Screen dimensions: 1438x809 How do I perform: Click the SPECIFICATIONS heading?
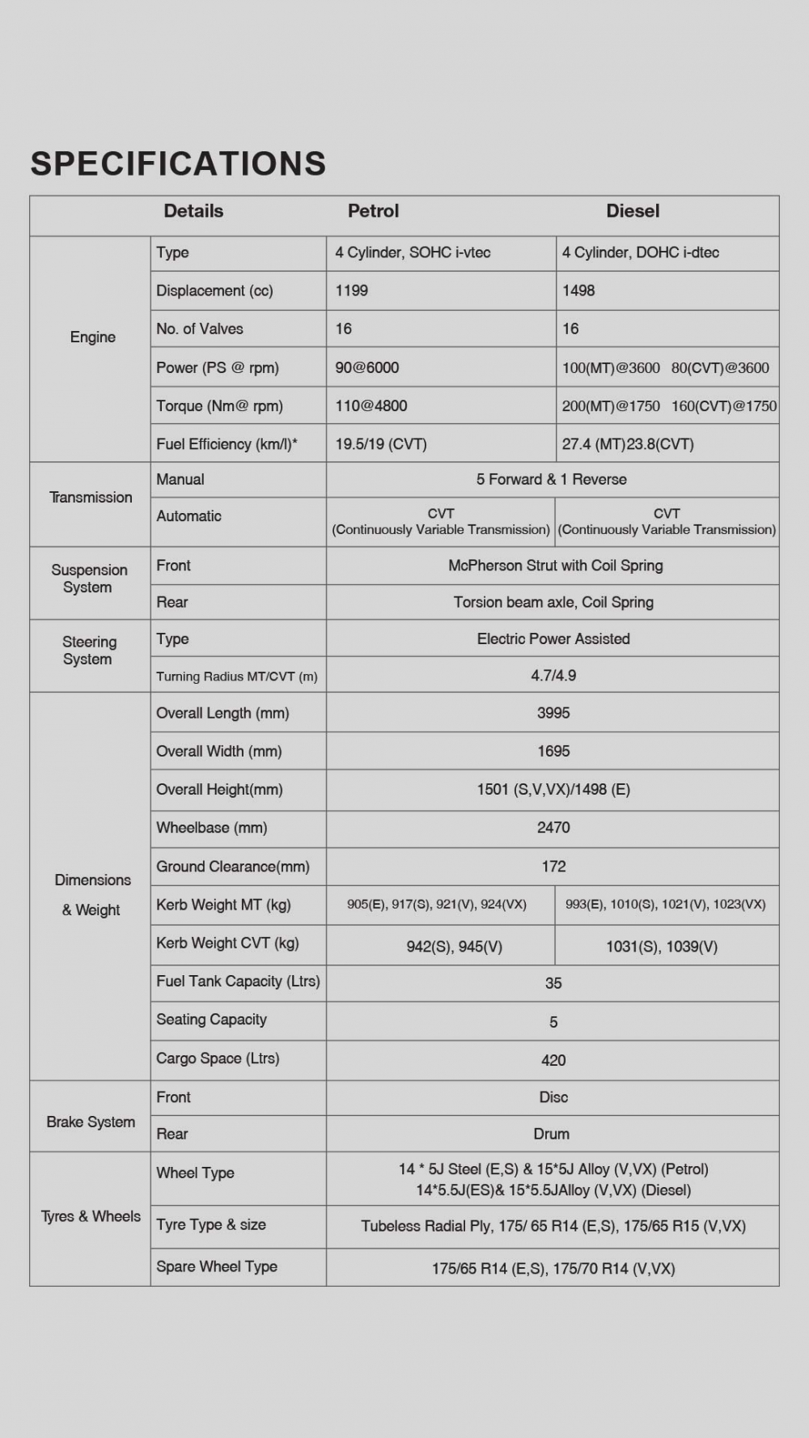pyautogui.click(x=178, y=163)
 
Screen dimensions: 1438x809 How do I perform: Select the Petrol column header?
pyautogui.click(x=373, y=211)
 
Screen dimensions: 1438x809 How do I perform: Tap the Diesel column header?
pyautogui.click(x=633, y=211)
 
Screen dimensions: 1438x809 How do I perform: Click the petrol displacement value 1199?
pyautogui.click(x=352, y=291)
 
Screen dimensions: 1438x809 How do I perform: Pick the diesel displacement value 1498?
pyautogui.click(x=578, y=291)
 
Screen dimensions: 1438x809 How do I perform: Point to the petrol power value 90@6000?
pyautogui.click(x=367, y=367)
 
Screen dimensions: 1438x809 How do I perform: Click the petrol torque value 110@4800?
pyautogui.click(x=371, y=406)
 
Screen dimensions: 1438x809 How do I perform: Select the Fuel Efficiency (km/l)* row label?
pyautogui.click(x=227, y=444)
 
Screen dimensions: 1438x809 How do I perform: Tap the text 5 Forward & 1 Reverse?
pyautogui.click(x=552, y=479)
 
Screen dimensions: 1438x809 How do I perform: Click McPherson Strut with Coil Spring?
pyautogui.click(x=556, y=566)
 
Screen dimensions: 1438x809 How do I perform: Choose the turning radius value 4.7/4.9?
pyautogui.click(x=553, y=675)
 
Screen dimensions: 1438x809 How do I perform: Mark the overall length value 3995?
pyautogui.click(x=553, y=713)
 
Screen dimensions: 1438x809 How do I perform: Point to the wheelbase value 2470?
pyautogui.click(x=553, y=828)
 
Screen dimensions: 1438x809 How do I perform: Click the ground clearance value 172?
pyautogui.click(x=553, y=867)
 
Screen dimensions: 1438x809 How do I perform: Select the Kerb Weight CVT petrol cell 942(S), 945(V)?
pyautogui.click(x=454, y=947)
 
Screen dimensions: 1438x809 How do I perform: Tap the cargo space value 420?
pyautogui.click(x=553, y=1060)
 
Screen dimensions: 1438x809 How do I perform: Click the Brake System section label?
pyautogui.click(x=91, y=1122)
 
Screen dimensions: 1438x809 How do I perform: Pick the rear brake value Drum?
pyautogui.click(x=552, y=1134)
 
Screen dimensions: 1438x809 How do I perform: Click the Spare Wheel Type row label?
pyautogui.click(x=217, y=1266)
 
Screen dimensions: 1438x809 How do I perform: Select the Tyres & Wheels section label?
pyautogui.click(x=91, y=1216)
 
